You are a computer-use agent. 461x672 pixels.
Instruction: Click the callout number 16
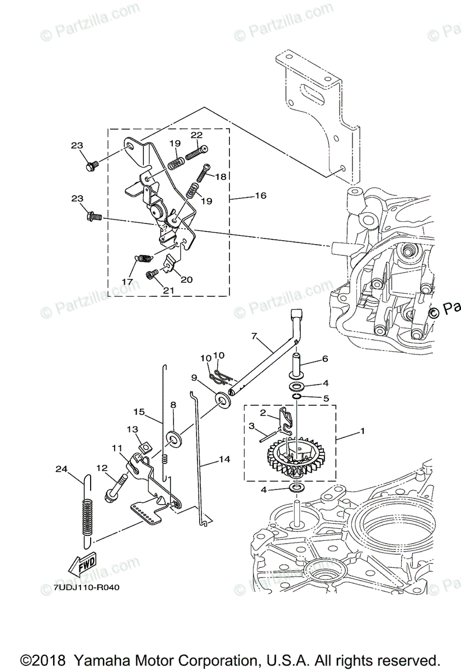click(260, 196)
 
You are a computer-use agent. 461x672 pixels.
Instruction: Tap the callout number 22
click(196, 135)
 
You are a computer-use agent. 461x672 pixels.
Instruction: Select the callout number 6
click(324, 359)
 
